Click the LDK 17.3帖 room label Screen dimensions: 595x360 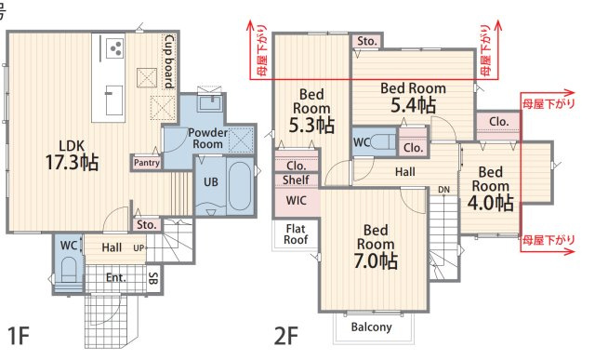tap(73, 155)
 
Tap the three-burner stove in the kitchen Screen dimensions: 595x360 tap(115, 48)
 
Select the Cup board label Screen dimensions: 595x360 tap(169, 61)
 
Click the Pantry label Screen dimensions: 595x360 tap(147, 163)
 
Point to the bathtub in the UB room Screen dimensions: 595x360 tap(240, 186)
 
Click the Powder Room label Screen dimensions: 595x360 tap(208, 139)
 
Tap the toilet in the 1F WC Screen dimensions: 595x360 tap(69, 270)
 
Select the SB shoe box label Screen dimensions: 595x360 tap(152, 278)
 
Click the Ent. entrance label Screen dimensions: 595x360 tap(115, 277)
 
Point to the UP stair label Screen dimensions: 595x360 tap(139, 248)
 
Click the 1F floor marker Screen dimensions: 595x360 tap(19, 336)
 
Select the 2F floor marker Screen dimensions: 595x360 tap(285, 336)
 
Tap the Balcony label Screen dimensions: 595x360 tap(371, 327)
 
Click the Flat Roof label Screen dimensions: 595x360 tap(296, 234)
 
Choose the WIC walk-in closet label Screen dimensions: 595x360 tap(297, 200)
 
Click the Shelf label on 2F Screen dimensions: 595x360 tap(296, 180)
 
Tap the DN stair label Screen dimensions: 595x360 tap(443, 190)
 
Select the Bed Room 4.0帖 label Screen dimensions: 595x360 tap(490, 189)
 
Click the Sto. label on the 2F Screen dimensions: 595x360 tap(367, 41)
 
